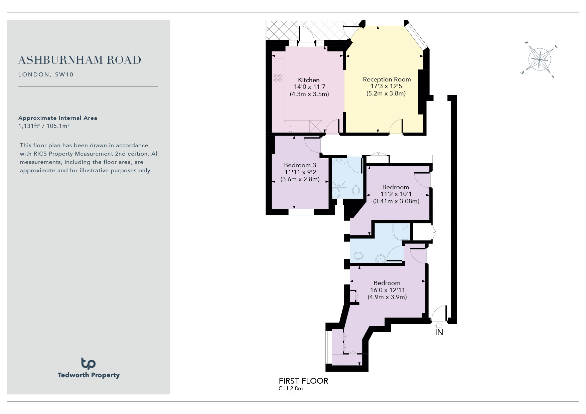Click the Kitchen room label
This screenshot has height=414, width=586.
pyautogui.click(x=309, y=80)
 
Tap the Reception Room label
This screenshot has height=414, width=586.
pyautogui.click(x=387, y=79)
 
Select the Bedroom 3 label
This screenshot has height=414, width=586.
pyautogui.click(x=300, y=165)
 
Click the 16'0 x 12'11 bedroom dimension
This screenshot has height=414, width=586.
pyautogui.click(x=387, y=290)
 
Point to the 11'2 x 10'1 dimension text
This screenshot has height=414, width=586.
pyautogui.click(x=396, y=194)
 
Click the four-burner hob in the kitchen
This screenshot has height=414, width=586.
pyautogui.click(x=278, y=78)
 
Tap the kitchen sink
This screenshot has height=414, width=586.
pyautogui.click(x=290, y=126)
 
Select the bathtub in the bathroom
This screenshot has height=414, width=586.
pyautogui.click(x=339, y=173)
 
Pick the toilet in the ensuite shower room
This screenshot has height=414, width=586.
pyautogui.click(x=357, y=256)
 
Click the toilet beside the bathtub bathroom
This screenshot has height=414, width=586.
pyautogui.click(x=356, y=192)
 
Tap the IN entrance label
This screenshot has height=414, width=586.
pyautogui.click(x=439, y=332)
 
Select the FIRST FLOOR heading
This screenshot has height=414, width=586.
pyautogui.click(x=303, y=381)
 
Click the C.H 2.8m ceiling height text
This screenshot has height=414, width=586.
pyautogui.click(x=291, y=389)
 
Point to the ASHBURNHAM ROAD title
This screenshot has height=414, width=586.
pyautogui.click(x=80, y=60)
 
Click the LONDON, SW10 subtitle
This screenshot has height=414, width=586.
pyautogui.click(x=46, y=74)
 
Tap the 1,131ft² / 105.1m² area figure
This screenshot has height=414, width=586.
pyautogui.click(x=44, y=126)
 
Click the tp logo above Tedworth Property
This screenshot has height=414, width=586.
pyautogui.click(x=88, y=364)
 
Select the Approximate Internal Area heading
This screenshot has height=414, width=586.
pyautogui.click(x=58, y=118)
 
